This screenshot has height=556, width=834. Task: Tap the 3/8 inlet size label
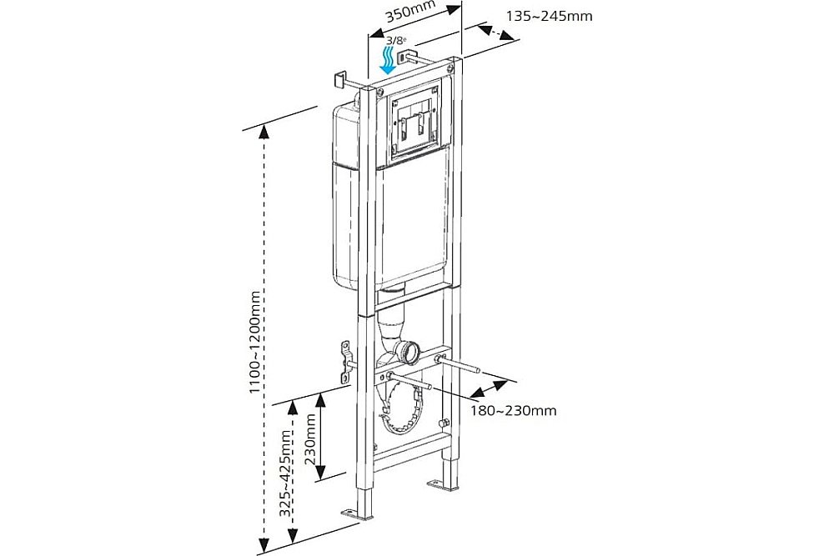pyautogui.click(x=394, y=40)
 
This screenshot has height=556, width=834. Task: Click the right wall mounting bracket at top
pyautogui.click(x=406, y=57)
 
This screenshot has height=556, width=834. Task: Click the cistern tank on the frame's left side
pyautogui.click(x=344, y=200)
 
